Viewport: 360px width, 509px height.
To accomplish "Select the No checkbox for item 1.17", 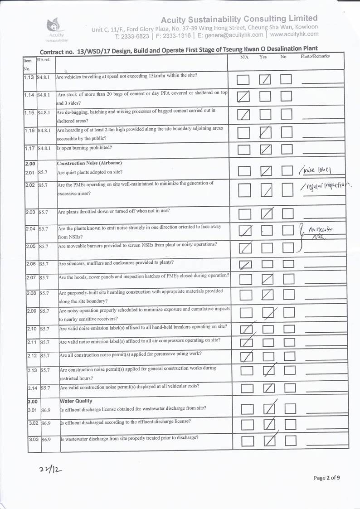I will click(287, 149).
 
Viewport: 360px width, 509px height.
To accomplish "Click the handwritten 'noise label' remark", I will click(316, 170).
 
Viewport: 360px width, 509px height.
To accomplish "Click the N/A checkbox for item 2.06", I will click(245, 264).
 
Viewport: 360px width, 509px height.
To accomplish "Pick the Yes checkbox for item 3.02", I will click(269, 424).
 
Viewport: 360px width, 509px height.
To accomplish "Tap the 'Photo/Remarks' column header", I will click(315, 56).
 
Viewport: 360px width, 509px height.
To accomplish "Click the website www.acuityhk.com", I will click(294, 34).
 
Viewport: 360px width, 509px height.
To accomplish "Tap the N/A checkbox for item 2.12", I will click(246, 357).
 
